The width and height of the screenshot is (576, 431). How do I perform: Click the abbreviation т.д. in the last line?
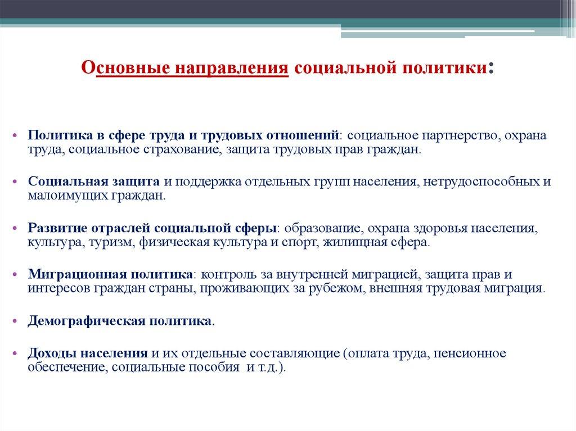click(269, 368)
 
